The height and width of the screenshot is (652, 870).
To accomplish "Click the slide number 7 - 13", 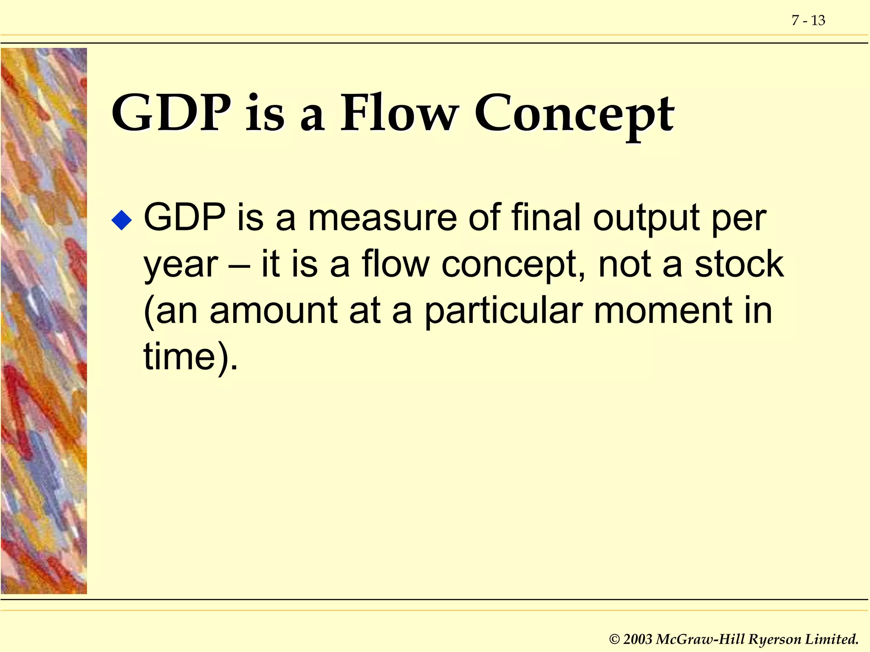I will click(808, 20).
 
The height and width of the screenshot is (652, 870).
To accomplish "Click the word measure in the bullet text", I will click(382, 218).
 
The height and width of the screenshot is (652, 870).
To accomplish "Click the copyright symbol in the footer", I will click(614, 639).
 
